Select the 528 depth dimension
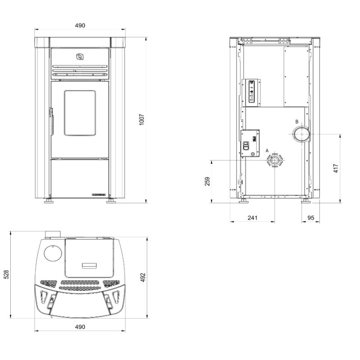(6, 274)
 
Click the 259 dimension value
(207, 181)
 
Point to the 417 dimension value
(335, 168)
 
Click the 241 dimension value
(252, 218)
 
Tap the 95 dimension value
(310, 218)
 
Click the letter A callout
(267, 150)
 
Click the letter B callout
(297, 121)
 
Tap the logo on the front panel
(80, 56)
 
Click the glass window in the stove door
(80, 112)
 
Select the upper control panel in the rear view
(252, 92)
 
